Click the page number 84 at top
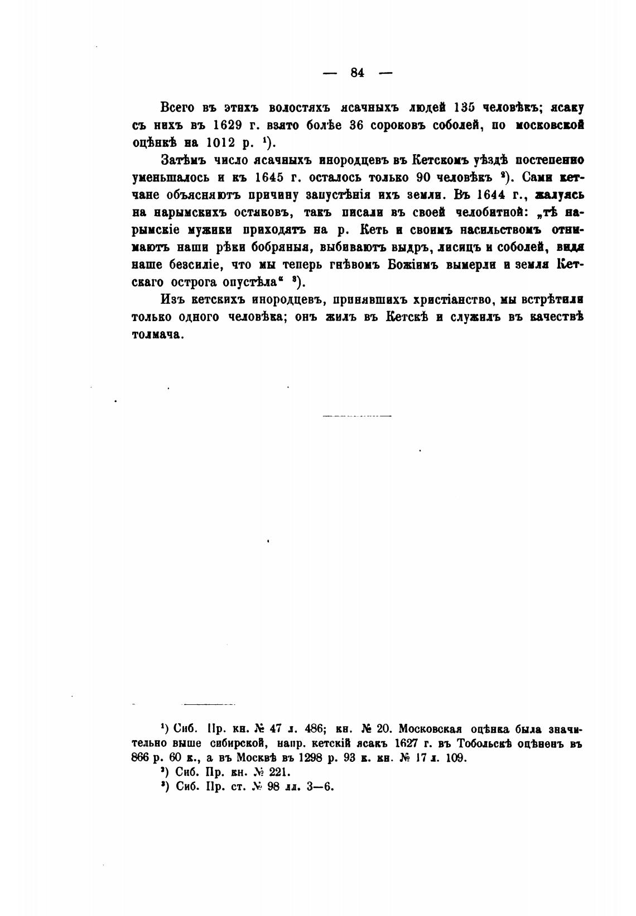click(358, 73)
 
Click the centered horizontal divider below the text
click(358, 416)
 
